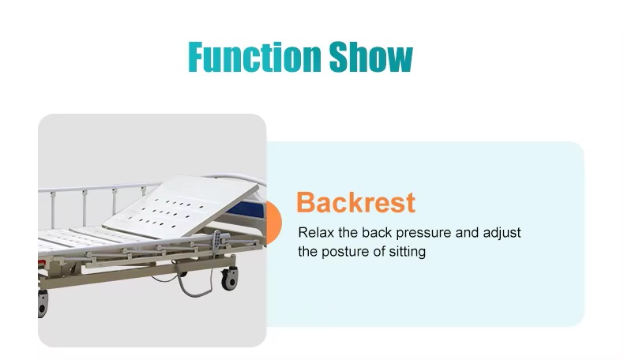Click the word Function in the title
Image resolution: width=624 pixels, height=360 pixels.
(x=254, y=57)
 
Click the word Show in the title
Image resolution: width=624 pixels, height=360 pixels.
(x=371, y=57)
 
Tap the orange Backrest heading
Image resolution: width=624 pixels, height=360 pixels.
(x=355, y=202)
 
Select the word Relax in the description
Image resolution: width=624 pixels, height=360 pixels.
(x=316, y=232)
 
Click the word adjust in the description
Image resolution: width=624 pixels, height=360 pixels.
(x=502, y=233)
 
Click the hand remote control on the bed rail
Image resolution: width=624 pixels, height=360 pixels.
(x=216, y=240)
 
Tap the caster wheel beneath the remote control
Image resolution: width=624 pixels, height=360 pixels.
(x=230, y=278)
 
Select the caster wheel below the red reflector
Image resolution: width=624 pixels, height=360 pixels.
(x=43, y=304)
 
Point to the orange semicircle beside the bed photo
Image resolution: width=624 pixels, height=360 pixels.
(x=274, y=223)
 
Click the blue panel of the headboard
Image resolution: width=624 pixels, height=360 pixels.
(x=247, y=210)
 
